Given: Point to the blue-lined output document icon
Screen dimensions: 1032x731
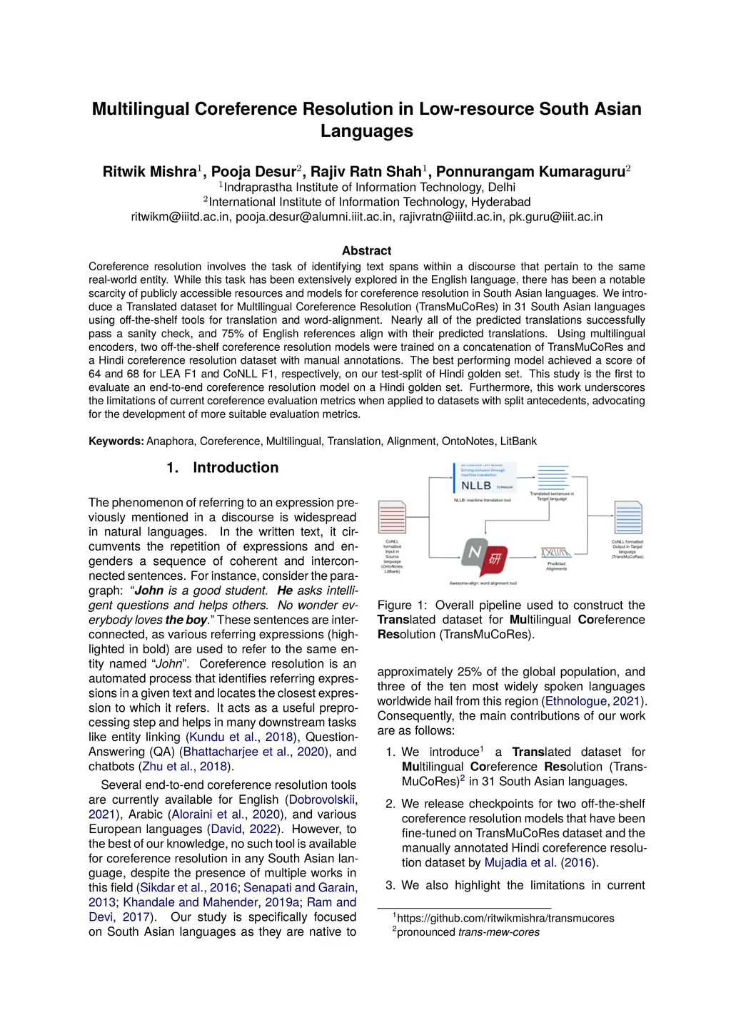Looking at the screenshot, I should point(628,518).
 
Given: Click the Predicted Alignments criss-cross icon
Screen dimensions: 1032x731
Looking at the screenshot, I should point(556,553).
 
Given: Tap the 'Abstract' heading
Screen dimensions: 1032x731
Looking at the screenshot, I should point(366,251).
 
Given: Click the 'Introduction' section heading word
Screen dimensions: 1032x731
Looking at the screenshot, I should point(236,468).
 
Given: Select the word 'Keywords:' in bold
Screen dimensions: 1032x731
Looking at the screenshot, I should point(116,441).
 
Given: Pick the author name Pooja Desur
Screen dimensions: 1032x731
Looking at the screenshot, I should point(253,172).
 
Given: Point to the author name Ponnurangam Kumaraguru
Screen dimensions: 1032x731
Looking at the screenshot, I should point(530,172).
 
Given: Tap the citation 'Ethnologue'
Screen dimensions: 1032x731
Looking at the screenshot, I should point(575,701).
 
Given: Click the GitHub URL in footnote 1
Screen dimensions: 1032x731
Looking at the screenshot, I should point(505,919).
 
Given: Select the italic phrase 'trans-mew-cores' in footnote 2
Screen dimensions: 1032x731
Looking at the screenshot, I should point(498,932).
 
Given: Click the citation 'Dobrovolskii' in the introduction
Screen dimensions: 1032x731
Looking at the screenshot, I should point(323,800).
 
